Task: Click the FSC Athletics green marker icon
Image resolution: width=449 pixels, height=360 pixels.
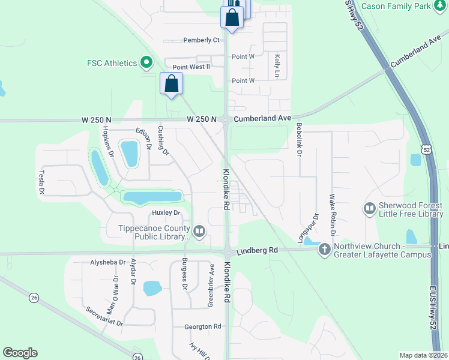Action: [x=145, y=62]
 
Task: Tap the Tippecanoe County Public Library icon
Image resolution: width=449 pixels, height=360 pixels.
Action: [x=199, y=230]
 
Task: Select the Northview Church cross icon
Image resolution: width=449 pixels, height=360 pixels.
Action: [x=325, y=248]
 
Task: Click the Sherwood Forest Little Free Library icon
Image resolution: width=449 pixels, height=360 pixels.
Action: [x=369, y=209]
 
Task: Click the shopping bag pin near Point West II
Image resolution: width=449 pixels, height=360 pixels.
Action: [x=171, y=83]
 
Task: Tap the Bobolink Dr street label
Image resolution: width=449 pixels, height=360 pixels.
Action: [x=298, y=140]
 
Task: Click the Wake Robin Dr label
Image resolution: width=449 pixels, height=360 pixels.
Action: [x=331, y=214]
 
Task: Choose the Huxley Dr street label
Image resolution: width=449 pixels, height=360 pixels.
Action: [x=166, y=212]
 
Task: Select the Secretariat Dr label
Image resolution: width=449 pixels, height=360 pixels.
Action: [x=104, y=317]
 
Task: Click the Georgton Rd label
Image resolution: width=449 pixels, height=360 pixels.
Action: [x=203, y=326]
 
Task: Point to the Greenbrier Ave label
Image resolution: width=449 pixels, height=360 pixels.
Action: [x=211, y=292]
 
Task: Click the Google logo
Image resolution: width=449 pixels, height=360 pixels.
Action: [x=20, y=353]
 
